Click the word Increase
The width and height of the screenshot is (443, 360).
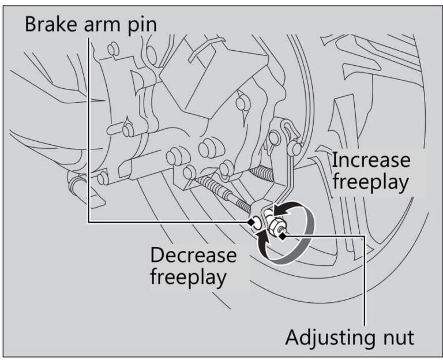coord(371,159)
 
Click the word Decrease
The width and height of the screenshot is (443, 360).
coord(193,254)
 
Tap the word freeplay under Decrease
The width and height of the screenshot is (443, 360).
coord(188,276)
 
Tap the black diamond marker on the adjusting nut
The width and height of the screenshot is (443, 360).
coord(281,233)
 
